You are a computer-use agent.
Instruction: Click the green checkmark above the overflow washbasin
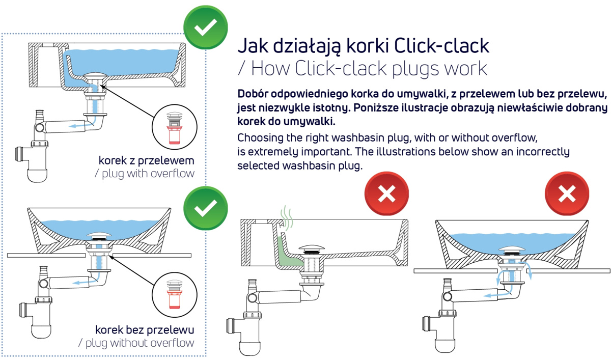[205, 27]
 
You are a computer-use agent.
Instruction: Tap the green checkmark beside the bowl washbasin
[205, 208]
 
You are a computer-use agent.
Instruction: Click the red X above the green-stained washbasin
[386, 193]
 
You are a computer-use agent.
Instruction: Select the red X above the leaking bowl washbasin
[567, 193]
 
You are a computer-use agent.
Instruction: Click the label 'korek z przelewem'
[147, 160]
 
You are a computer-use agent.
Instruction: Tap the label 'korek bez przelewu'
[145, 330]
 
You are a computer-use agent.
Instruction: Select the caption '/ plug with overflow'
[144, 174]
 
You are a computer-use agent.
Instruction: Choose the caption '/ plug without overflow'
[136, 343]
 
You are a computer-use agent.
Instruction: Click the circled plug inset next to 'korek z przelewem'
[174, 127]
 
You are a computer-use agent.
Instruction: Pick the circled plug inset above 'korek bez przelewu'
[174, 295]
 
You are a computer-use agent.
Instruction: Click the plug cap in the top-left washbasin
[95, 75]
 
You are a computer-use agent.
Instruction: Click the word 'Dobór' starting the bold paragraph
[253, 94]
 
